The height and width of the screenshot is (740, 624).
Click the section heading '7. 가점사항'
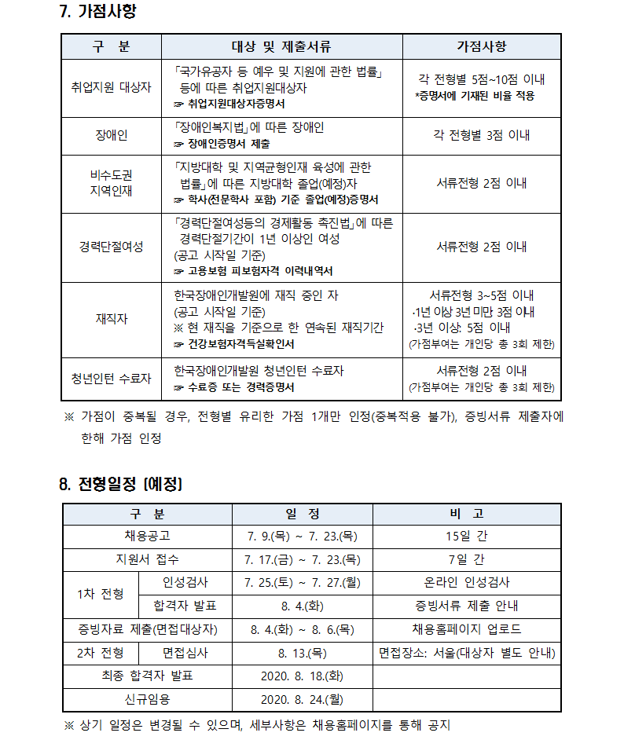(x=102, y=13)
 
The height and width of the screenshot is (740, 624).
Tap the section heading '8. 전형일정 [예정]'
(x=120, y=484)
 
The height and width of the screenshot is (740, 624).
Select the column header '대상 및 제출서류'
(x=281, y=46)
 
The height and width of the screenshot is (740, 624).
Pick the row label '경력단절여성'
(x=111, y=247)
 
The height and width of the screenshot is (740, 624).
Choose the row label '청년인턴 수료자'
(x=111, y=379)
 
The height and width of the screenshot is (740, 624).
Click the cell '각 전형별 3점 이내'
(x=481, y=136)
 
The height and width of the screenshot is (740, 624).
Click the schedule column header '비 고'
(x=466, y=514)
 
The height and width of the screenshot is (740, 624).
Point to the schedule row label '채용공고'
(x=147, y=537)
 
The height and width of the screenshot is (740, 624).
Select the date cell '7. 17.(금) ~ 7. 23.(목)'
(x=302, y=559)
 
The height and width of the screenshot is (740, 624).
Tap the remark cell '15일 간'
(x=466, y=537)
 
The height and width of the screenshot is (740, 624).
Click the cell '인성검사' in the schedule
(x=185, y=582)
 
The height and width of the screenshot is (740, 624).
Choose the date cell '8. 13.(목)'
(x=302, y=653)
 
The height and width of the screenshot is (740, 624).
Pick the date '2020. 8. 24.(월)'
(x=302, y=699)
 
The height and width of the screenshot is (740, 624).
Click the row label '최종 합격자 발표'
(x=147, y=676)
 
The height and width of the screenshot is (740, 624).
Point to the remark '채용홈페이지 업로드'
(x=466, y=629)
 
